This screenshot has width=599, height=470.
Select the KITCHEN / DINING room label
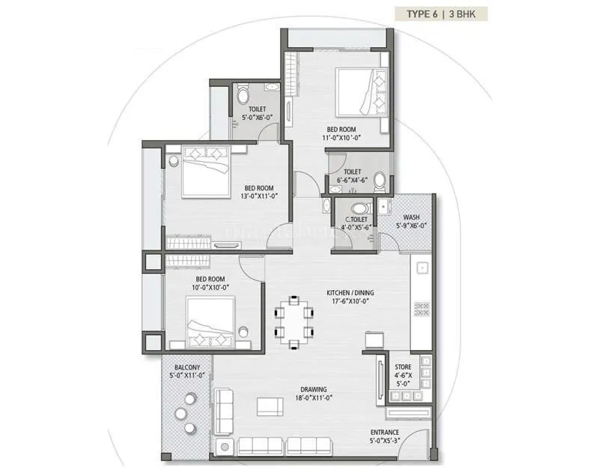349,296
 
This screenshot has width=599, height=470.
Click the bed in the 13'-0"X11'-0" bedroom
205,171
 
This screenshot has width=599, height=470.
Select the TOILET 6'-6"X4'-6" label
352,177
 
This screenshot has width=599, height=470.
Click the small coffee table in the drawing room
270,406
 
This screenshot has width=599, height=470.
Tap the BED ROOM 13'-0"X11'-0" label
259,192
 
